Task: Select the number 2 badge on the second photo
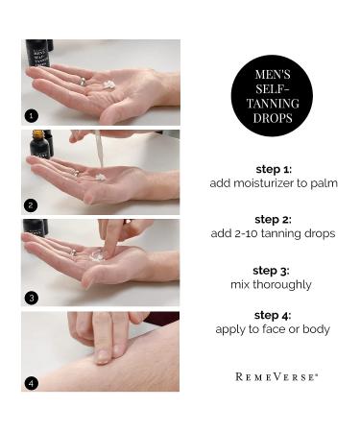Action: point(32,204)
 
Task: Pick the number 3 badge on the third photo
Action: point(32,297)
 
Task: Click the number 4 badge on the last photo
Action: point(32,382)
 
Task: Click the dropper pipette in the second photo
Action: point(98,149)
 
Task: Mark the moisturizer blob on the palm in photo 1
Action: point(108,84)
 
